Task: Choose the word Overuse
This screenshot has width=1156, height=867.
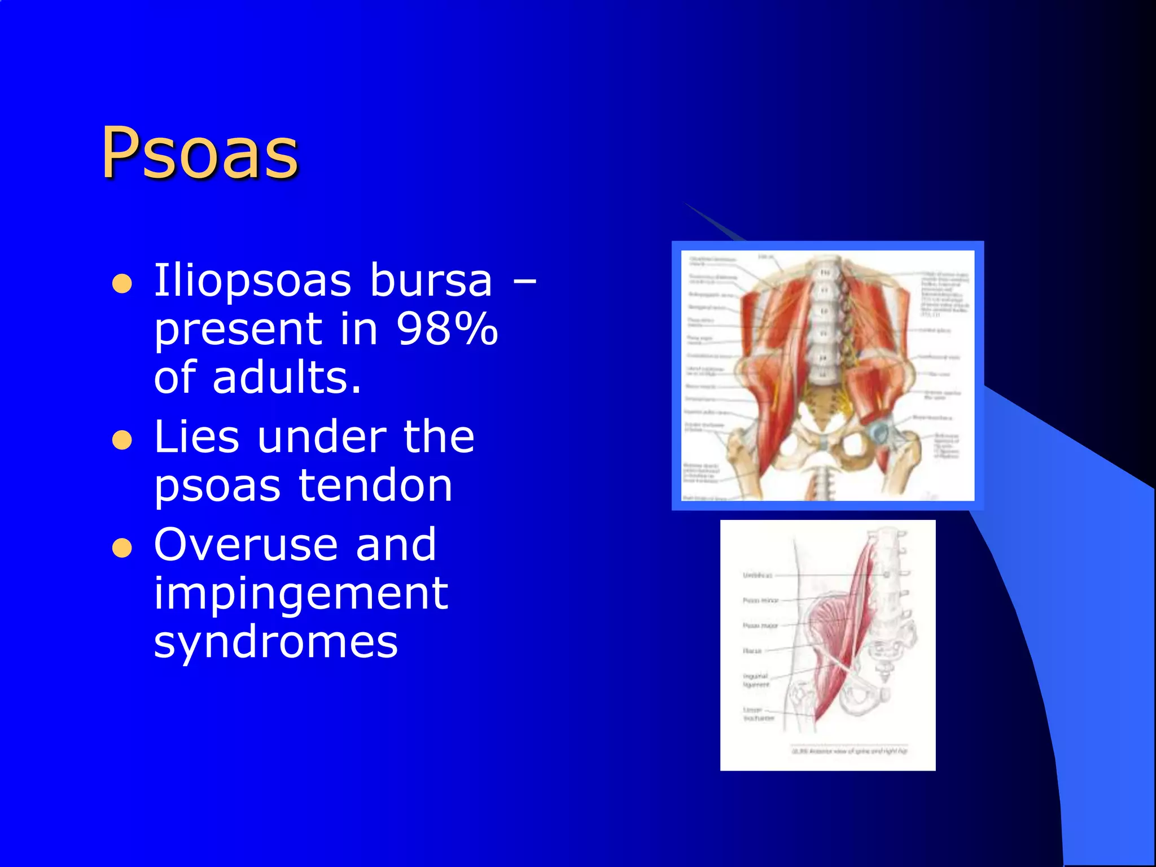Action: pyautogui.click(x=246, y=545)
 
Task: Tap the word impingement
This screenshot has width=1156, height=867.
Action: pyautogui.click(x=301, y=594)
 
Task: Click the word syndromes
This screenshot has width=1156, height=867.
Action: pyautogui.click(x=276, y=642)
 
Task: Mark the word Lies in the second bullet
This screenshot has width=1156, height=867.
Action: pyautogui.click(x=196, y=437)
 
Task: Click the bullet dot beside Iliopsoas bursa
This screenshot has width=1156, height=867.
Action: pyautogui.click(x=122, y=284)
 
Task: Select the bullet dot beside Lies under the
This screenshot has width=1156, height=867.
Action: pyautogui.click(x=122, y=440)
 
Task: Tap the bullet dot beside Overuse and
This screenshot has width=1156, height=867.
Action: pyautogui.click(x=122, y=548)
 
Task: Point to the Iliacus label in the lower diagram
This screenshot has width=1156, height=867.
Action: pyautogui.click(x=752, y=651)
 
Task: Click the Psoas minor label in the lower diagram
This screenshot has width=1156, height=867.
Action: pyautogui.click(x=760, y=601)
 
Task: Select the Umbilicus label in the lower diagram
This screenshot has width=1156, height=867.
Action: pyautogui.click(x=757, y=575)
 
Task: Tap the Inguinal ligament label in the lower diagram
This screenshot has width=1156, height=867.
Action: pyautogui.click(x=756, y=680)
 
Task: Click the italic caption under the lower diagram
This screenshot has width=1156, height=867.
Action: pyautogui.click(x=850, y=751)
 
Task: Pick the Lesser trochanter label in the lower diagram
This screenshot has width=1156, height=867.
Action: pyautogui.click(x=758, y=714)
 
